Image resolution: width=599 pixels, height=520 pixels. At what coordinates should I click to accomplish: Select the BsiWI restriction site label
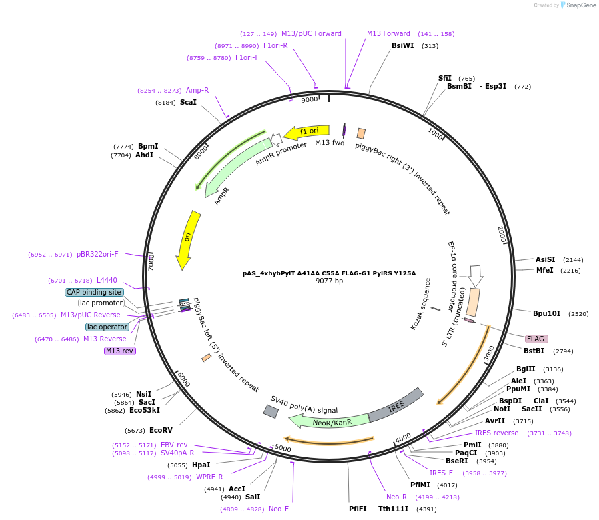click(402, 46)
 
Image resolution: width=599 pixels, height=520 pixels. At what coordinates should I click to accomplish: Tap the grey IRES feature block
click(396, 405)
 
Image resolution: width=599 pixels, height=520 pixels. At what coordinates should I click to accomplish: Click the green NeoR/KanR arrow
click(328, 421)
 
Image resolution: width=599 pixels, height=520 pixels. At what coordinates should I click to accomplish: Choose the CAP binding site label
click(94, 292)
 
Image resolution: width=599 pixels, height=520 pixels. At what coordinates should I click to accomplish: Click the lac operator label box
click(107, 327)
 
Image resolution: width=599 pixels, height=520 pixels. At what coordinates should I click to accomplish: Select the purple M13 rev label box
click(119, 351)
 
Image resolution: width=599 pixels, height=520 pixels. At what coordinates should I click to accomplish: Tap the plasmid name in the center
click(329, 273)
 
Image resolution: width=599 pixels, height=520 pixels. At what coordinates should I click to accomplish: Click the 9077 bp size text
click(329, 281)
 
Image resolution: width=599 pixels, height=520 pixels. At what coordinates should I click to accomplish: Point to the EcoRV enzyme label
click(161, 430)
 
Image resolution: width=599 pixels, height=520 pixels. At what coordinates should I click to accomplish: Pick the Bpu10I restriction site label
click(546, 313)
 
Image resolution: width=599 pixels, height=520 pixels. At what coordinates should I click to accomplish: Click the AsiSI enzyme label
click(545, 259)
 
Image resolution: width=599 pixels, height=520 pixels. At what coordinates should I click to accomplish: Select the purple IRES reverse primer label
click(496, 433)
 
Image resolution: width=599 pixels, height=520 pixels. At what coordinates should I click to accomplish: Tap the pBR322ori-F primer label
click(97, 254)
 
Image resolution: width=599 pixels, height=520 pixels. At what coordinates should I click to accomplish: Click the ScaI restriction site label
click(188, 103)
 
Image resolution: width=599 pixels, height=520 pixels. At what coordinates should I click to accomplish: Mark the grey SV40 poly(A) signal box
click(271, 412)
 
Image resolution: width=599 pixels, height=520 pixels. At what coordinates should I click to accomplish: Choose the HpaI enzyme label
click(201, 465)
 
